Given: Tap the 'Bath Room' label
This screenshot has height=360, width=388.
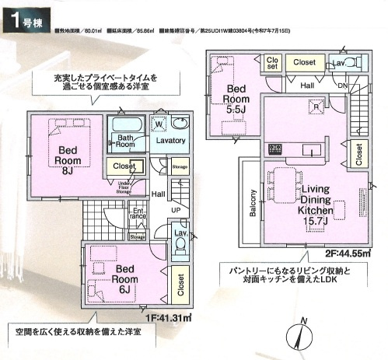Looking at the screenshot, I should (126, 141).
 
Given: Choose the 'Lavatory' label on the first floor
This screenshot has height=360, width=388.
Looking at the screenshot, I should (169, 140).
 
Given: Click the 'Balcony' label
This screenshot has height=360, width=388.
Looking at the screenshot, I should (253, 204).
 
